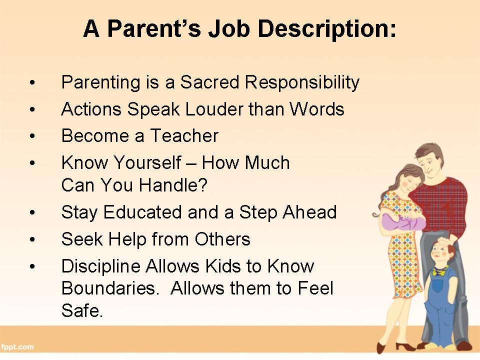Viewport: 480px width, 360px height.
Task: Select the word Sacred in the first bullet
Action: click(209, 82)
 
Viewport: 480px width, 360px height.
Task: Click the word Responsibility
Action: click(302, 82)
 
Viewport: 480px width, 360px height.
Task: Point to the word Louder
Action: click(214, 109)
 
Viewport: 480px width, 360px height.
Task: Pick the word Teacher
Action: click(184, 135)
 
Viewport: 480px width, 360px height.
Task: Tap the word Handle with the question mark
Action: click(173, 185)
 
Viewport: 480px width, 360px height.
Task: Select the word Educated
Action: click(142, 212)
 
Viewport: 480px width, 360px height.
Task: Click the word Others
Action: click(222, 239)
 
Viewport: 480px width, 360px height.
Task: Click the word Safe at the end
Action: click(82, 310)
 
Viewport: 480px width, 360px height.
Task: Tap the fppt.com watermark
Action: click(17, 347)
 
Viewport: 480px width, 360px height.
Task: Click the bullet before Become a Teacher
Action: click(32, 136)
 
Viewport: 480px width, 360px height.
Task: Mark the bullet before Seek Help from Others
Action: click(32, 239)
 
